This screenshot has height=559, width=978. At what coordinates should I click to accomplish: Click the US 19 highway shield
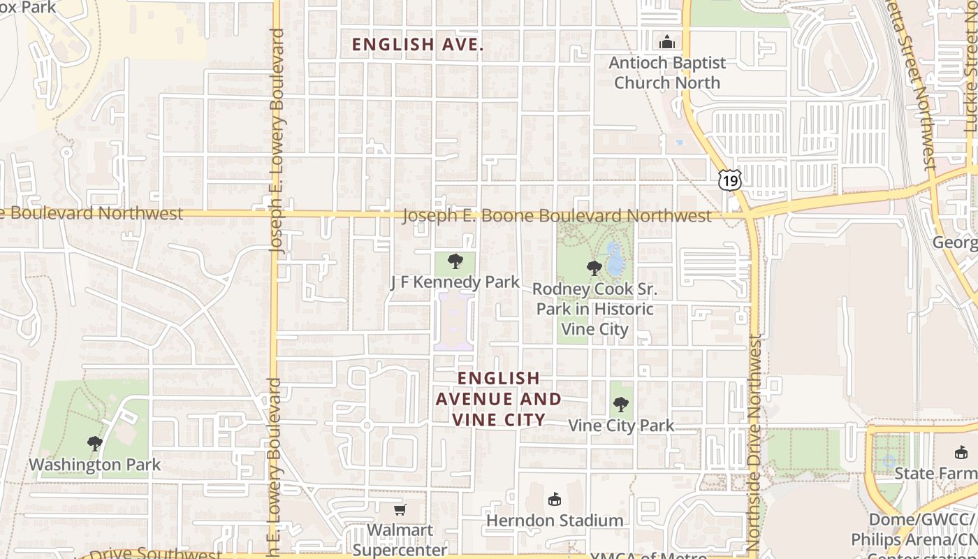[730, 180]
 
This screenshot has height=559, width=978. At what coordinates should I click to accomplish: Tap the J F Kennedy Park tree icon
[455, 262]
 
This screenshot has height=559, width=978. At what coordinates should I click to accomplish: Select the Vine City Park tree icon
[620, 404]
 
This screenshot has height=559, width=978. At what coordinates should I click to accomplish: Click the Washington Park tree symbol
[95, 443]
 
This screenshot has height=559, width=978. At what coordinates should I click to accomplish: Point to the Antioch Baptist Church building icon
[667, 42]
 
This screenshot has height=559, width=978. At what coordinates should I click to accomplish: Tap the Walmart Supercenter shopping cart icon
[400, 510]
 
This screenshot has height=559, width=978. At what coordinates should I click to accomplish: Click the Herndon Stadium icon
[555, 499]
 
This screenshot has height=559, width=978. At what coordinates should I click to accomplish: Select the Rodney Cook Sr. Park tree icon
[594, 268]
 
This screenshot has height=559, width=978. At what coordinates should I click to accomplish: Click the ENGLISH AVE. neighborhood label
[418, 45]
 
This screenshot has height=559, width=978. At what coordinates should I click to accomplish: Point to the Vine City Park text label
[621, 426]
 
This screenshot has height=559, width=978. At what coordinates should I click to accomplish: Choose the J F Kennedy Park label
[455, 282]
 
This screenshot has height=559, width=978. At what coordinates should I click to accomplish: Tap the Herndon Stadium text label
[555, 521]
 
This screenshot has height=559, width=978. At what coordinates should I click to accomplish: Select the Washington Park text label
[95, 465]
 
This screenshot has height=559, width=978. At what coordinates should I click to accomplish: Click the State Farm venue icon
[961, 453]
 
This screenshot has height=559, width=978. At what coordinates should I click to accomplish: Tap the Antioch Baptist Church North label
[667, 73]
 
